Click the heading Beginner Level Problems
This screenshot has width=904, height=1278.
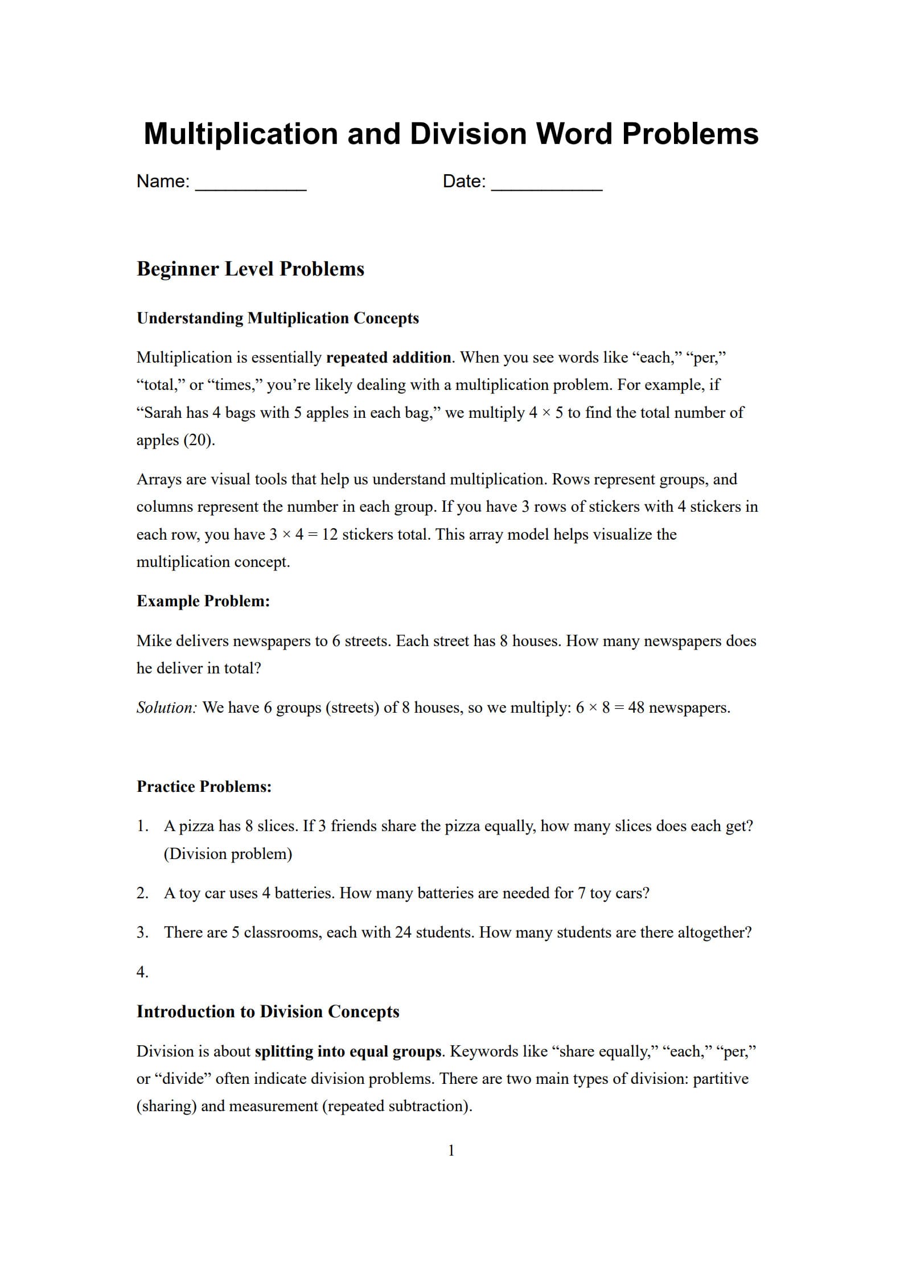250,269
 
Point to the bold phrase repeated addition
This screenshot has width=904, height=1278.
388,357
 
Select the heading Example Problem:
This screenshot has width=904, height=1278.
203,601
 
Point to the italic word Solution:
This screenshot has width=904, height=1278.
167,708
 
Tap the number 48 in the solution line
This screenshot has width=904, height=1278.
636,708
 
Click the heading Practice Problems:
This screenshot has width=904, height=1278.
204,787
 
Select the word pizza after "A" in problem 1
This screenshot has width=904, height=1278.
196,826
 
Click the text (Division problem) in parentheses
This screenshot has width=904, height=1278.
228,854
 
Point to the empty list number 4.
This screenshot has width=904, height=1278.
142,972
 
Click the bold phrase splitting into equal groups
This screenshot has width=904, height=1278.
348,1051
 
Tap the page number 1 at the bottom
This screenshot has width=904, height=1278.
451,1150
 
